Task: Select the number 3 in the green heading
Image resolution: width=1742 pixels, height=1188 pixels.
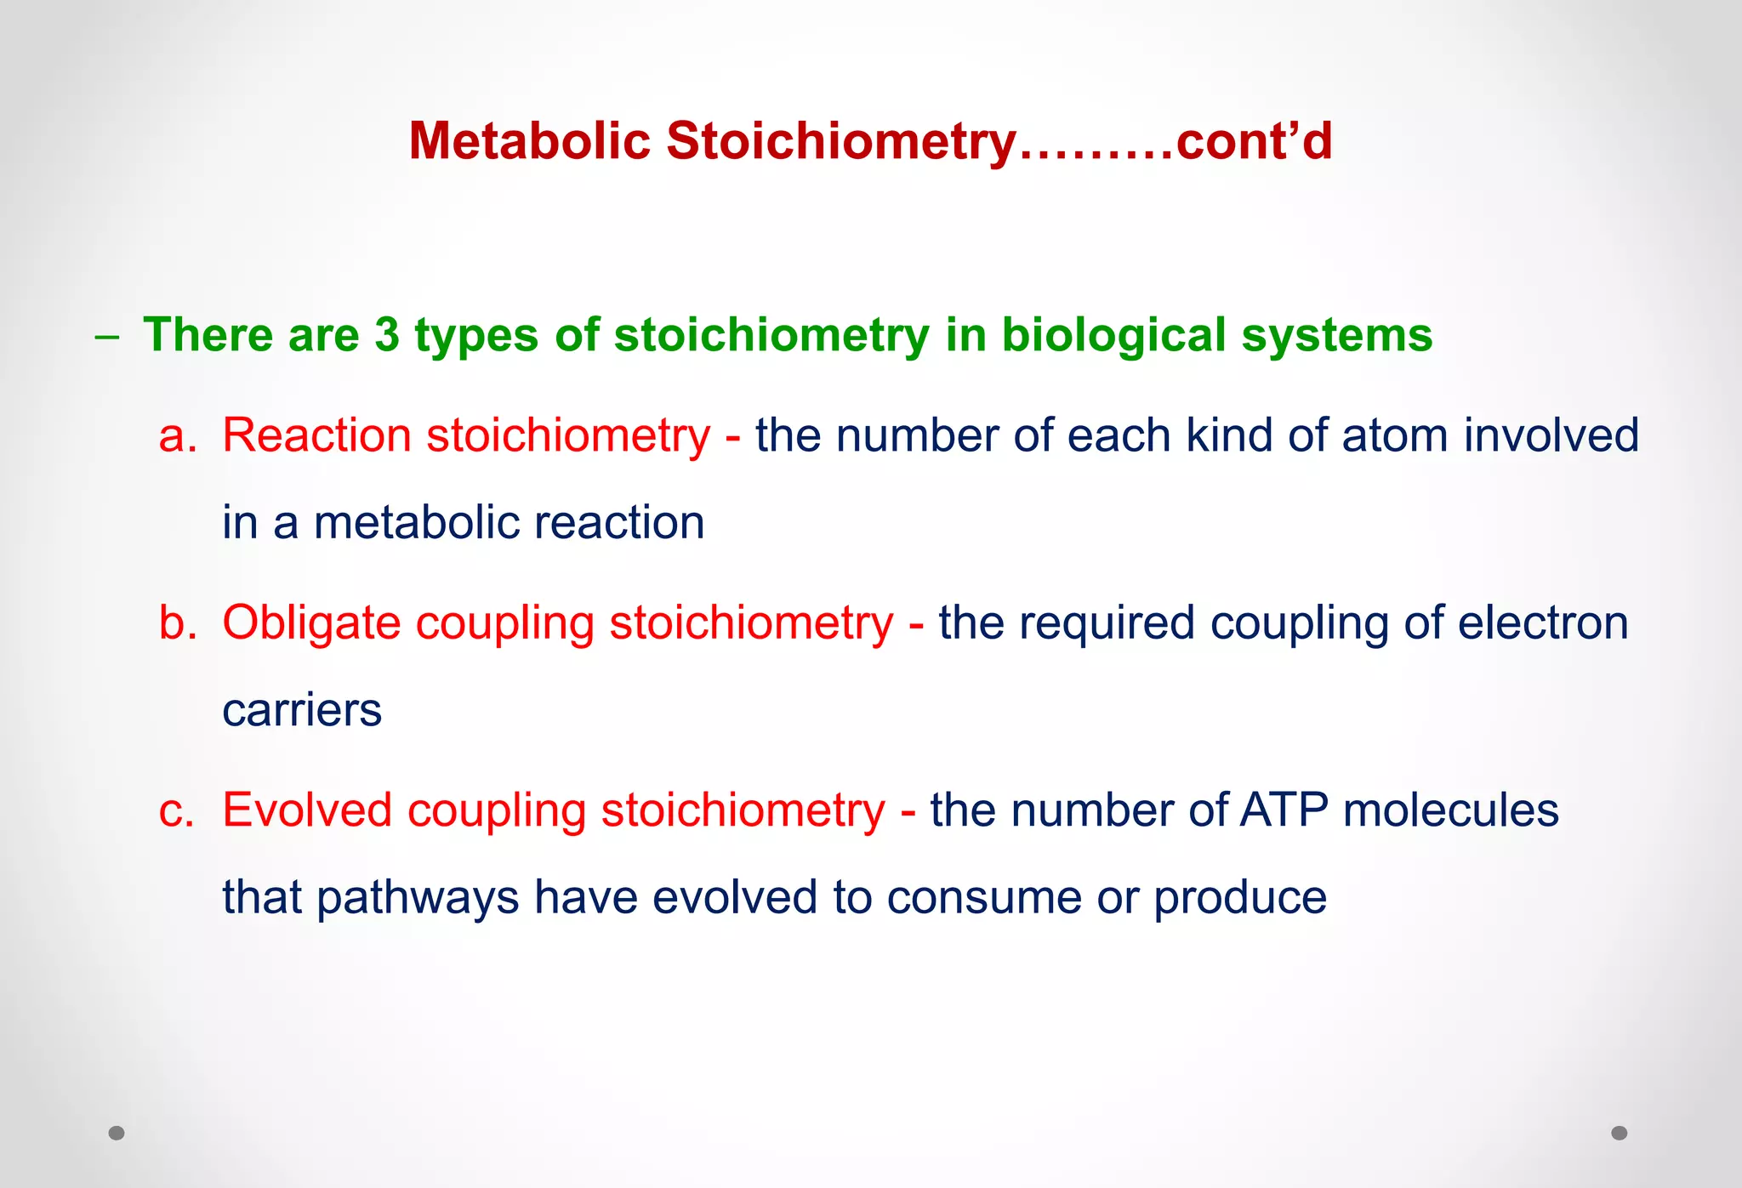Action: tap(387, 334)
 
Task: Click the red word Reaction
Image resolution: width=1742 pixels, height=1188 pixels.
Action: tap(316, 435)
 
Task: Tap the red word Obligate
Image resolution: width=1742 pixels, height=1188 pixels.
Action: tap(311, 622)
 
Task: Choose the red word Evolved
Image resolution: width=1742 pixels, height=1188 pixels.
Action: tap(307, 810)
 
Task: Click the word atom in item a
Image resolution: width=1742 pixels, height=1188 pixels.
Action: tap(1394, 435)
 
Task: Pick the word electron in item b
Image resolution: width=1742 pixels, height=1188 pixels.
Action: tap(1543, 622)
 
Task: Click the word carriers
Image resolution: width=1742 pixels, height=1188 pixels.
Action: tap(302, 710)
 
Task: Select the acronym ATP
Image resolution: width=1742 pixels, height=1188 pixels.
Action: tap(1284, 810)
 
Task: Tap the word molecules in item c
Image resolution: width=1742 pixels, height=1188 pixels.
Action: tap(1450, 810)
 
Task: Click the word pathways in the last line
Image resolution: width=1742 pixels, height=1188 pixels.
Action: tap(418, 898)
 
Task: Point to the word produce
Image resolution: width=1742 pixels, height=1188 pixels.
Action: tap(1239, 898)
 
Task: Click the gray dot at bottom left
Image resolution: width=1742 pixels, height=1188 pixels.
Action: tap(117, 1133)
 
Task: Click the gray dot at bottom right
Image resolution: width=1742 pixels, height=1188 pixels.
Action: tap(1620, 1133)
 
